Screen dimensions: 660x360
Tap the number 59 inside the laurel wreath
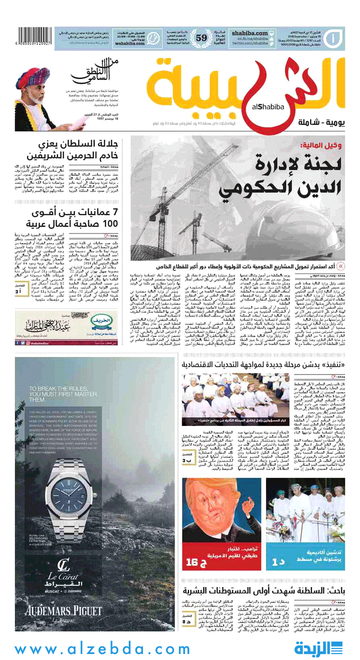pyautogui.click(x=201, y=38)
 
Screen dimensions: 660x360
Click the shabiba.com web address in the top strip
pyautogui.click(x=248, y=32)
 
